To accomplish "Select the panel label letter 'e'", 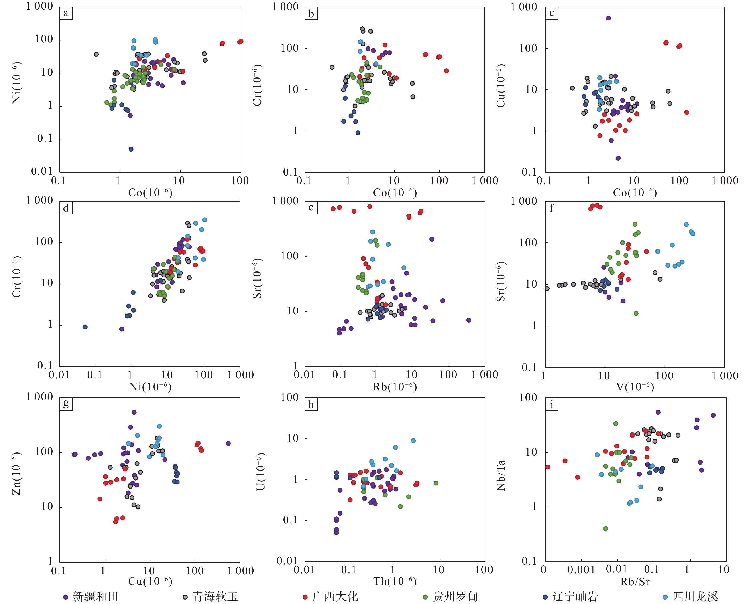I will (x=311, y=208).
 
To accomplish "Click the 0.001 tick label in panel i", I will (x=581, y=570).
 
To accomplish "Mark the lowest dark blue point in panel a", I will (x=131, y=149).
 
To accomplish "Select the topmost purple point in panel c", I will (x=608, y=18).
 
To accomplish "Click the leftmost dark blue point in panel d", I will (x=85, y=327).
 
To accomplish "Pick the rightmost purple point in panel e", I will (x=469, y=320).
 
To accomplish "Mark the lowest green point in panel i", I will (x=606, y=529).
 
